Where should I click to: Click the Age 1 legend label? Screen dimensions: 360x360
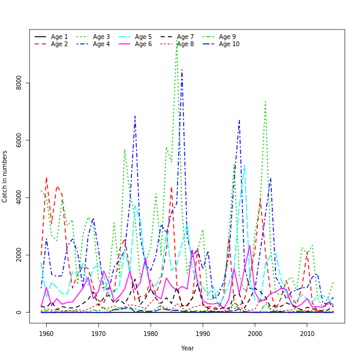point(59,37)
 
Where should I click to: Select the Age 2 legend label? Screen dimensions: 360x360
point(59,44)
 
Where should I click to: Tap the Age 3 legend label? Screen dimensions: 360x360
point(101,37)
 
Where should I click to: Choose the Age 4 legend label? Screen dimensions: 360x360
point(101,44)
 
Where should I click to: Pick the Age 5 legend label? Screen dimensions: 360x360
point(143,37)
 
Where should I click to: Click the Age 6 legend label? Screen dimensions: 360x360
point(143,44)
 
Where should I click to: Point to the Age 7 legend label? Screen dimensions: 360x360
point(185,37)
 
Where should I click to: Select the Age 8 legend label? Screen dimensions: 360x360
point(185,44)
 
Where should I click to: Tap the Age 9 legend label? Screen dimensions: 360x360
point(227,37)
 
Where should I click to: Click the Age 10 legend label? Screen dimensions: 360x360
point(229,44)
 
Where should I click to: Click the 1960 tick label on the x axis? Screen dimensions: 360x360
point(46,334)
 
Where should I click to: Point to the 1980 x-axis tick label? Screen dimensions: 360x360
point(151,334)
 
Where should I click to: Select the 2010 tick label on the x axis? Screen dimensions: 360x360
point(307,334)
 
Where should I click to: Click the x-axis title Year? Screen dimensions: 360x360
point(187,348)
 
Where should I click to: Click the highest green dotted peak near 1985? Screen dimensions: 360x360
point(177,41)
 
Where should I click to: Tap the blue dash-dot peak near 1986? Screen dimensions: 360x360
point(182,71)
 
